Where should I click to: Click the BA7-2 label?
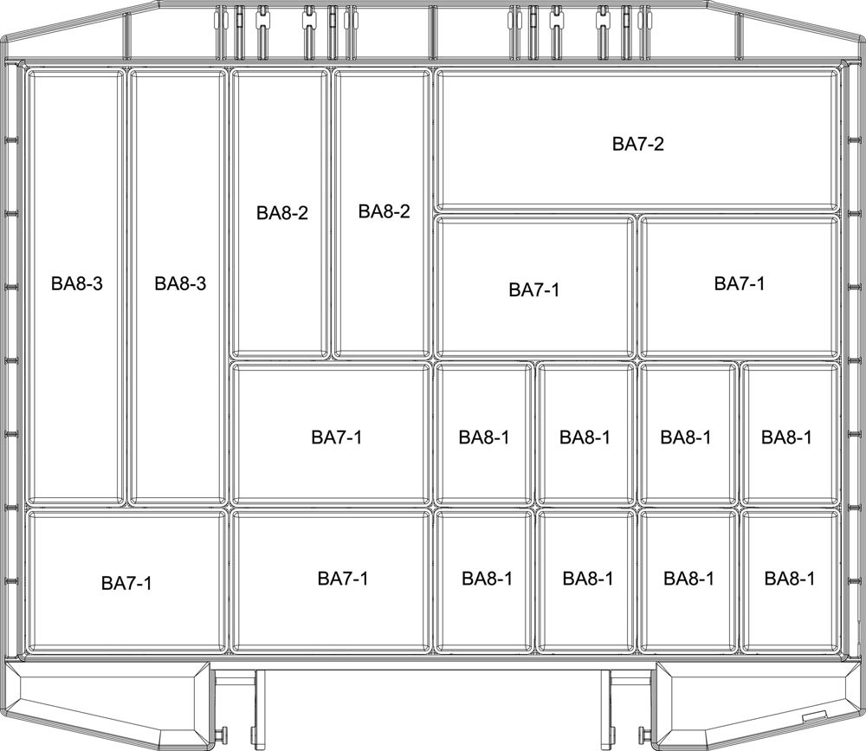[638, 145]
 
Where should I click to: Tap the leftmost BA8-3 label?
[77, 283]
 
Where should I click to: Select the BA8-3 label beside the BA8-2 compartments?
[180, 283]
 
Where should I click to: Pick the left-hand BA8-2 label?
[281, 213]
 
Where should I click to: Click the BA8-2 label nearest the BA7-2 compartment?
[385, 212]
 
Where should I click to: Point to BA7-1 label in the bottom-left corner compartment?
[126, 583]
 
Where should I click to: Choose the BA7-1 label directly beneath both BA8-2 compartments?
[337, 437]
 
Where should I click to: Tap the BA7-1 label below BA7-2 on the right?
[740, 283]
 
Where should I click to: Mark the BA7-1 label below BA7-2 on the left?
[534, 289]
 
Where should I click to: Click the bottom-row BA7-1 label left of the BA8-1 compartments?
[343, 578]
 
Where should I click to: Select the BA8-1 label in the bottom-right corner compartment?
[789, 578]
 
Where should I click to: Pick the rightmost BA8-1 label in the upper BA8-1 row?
[786, 437]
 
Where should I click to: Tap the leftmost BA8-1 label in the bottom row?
[487, 578]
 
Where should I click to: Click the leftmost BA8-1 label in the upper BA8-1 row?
[484, 437]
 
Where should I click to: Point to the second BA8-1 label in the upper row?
[585, 437]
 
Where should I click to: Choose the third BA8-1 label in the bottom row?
[688, 578]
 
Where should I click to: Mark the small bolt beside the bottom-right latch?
[645, 737]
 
